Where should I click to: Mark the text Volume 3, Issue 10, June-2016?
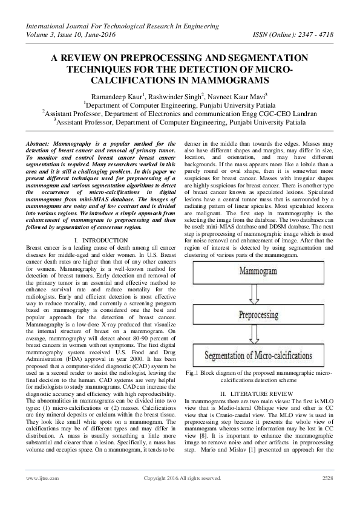coord(75,34)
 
